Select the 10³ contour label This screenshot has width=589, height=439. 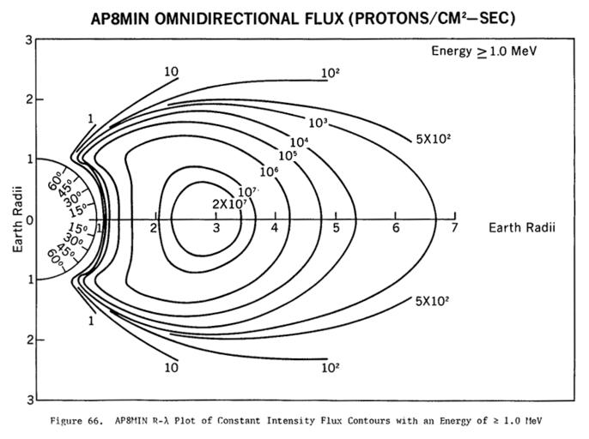click(319, 123)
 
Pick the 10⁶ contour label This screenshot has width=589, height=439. click(269, 171)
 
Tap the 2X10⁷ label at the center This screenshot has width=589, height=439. click(229, 203)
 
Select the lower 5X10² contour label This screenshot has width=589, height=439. click(433, 301)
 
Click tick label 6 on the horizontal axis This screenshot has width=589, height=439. click(396, 227)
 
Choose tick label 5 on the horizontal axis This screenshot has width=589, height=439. click(336, 227)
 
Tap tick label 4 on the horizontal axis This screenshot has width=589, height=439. click(275, 227)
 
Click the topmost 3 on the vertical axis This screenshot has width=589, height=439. click(29, 40)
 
